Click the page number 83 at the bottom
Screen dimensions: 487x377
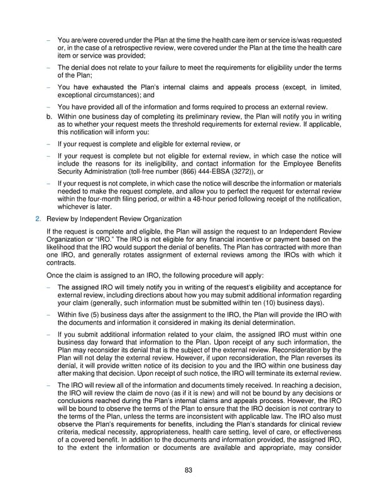click(188, 473)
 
